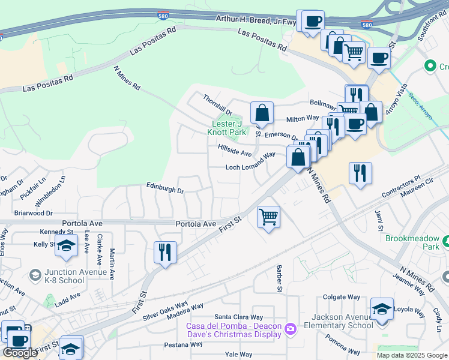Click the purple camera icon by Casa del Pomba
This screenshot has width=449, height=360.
291,328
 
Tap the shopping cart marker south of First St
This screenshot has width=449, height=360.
268,217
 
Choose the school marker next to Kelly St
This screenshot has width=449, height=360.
66,245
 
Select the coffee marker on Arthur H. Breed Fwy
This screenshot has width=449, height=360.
313,22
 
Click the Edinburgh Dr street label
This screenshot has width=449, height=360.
165,188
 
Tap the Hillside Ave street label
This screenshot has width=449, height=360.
235,150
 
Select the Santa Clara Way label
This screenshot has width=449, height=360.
239,317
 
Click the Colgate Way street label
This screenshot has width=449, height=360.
342,297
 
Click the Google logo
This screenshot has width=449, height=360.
20,353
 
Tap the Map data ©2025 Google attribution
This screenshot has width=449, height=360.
411,355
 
